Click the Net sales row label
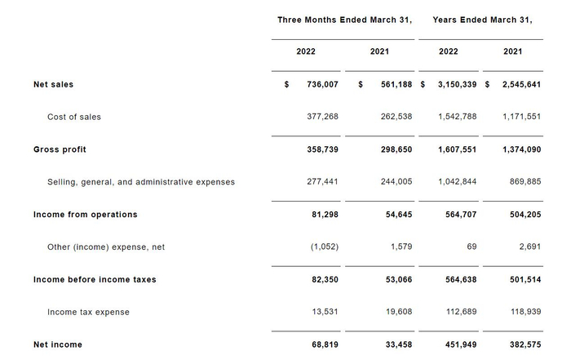coord(53,85)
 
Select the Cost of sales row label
coord(74,117)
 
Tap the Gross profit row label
coord(60,149)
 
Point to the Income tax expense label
coord(88,313)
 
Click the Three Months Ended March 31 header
coord(344,20)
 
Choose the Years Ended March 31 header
coord(482,20)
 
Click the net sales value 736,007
coord(323,85)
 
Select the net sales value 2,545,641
coord(521,85)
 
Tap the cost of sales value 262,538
coord(396,117)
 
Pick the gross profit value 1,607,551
coord(457,149)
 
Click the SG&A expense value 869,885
coord(525,181)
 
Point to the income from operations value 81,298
coord(325,215)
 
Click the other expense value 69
coord(471,247)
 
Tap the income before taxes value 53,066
coord(399,279)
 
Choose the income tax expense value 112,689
coord(462,312)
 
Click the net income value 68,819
coord(325,344)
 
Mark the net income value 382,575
coord(525,344)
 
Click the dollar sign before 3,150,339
coord(423,85)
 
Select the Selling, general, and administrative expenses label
coord(141,182)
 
